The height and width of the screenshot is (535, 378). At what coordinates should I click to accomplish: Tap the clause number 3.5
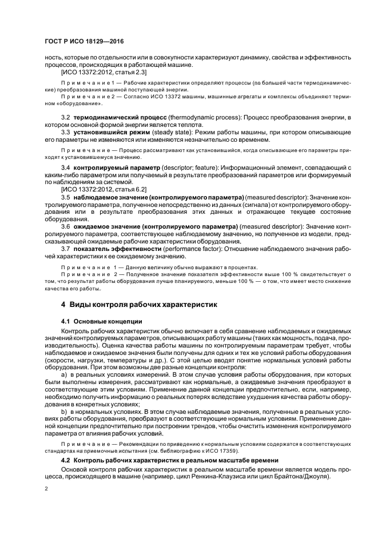(66, 197)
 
